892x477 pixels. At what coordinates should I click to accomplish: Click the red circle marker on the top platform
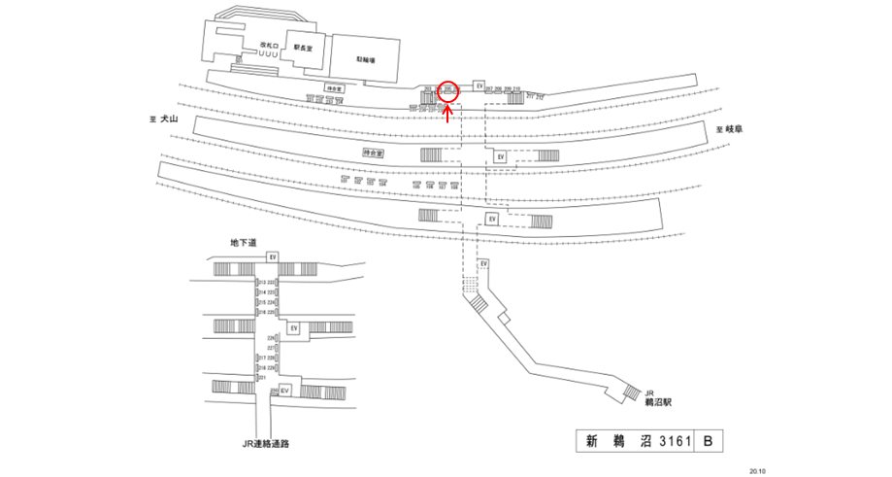(447, 90)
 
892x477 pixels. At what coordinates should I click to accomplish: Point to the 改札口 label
(269, 46)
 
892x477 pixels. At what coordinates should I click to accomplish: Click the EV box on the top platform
(479, 86)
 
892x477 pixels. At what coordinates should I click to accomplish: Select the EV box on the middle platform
(500, 156)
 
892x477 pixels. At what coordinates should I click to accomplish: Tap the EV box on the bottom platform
(492, 220)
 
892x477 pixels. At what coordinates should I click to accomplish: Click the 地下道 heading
(242, 243)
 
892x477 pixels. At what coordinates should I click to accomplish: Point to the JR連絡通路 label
(267, 444)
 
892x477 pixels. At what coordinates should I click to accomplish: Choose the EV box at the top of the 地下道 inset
(274, 256)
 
